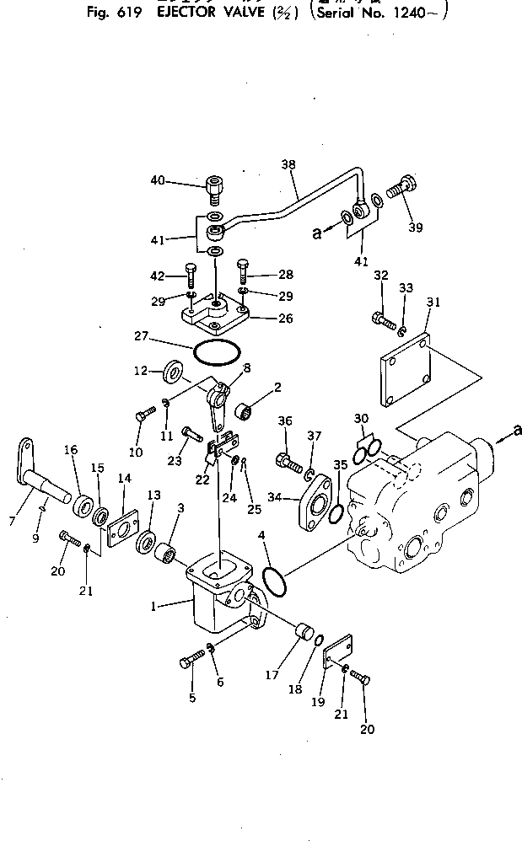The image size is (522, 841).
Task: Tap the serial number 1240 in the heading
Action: click(x=417, y=12)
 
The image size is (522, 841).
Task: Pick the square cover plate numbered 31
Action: click(x=406, y=370)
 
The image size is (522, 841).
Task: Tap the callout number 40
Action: click(x=158, y=180)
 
